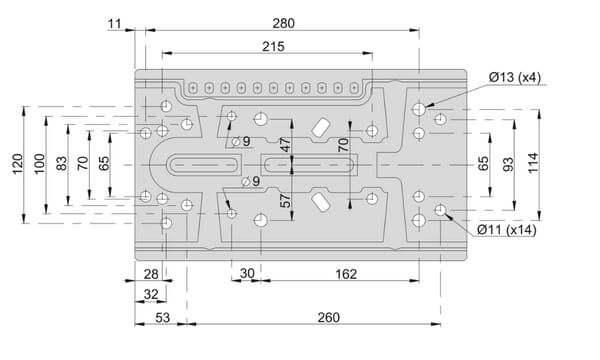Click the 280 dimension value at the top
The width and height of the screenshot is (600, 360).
coord(284,24)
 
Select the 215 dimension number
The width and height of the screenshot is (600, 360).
coord(273,47)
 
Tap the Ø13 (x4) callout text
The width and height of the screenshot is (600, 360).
coord(515,77)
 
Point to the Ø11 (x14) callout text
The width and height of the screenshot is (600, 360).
coord(507,230)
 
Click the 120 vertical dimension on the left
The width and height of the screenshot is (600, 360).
coord(18,164)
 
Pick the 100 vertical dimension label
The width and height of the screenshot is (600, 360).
coord(39,164)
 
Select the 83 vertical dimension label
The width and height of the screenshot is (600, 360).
coord(61,163)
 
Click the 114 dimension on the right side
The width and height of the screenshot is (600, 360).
coord(533,163)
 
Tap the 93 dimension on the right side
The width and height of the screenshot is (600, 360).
coord(508,165)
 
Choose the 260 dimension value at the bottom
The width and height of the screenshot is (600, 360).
coord(328,318)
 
